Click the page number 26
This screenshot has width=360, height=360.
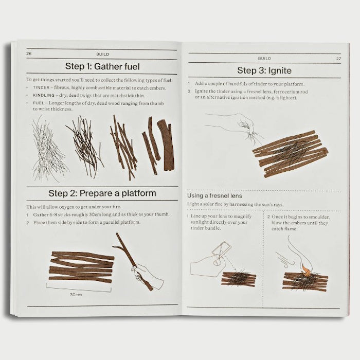(x=29, y=53)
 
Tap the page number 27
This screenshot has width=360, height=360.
(x=338, y=59)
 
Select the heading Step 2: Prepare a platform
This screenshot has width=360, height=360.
(x=102, y=193)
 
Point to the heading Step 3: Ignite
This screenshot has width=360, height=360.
(x=264, y=70)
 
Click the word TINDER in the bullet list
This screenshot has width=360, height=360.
(x=41, y=88)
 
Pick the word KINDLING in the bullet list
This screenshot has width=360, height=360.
(x=43, y=95)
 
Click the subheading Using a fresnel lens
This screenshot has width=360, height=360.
(x=214, y=196)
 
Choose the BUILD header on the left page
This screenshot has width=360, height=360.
(x=102, y=53)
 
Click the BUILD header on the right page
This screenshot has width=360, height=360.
(x=264, y=59)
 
